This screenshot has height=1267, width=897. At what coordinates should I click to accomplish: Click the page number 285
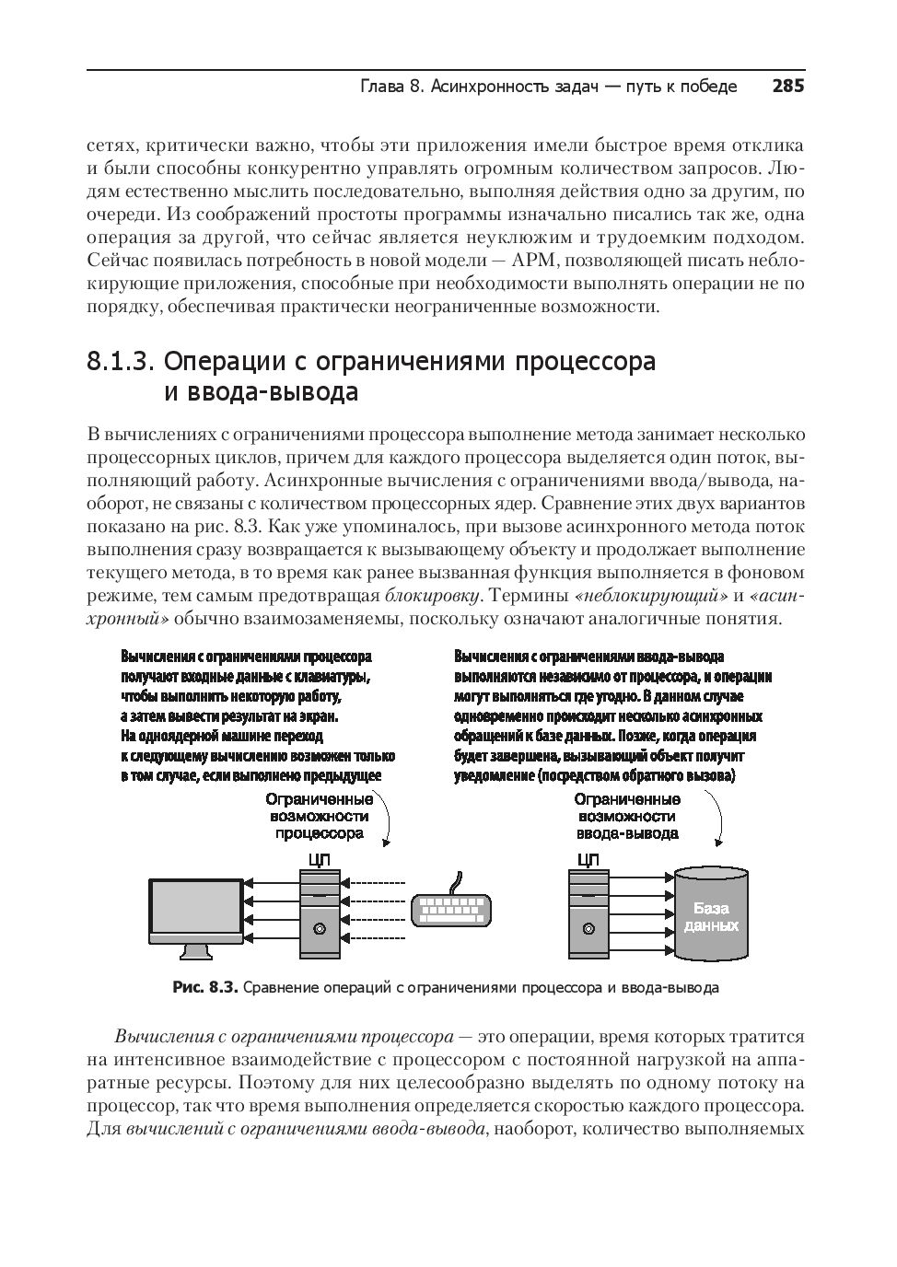pos(787,87)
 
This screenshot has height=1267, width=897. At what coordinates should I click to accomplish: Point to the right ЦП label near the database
pos(588,860)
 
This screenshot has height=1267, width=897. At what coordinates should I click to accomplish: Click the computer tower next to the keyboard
pos(319,912)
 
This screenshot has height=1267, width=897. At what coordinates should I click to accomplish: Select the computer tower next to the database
pos(588,912)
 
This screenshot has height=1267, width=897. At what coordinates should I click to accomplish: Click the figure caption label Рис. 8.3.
pos(205,988)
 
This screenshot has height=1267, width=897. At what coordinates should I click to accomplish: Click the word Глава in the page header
pos(380,87)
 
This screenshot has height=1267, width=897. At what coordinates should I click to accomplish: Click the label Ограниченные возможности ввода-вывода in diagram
pos(627,816)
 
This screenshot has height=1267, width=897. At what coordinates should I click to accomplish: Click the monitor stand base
pos(195,953)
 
